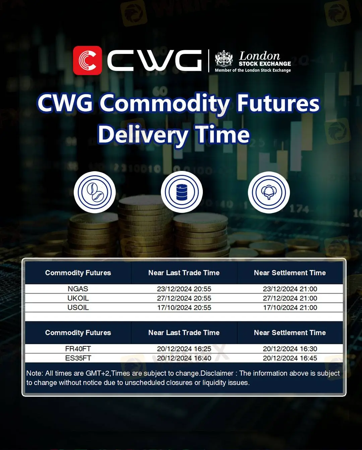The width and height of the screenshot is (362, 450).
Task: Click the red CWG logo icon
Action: tap(87, 60)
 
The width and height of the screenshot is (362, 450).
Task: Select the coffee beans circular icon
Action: tap(95, 192)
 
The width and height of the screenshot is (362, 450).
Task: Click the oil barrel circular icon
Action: tap(182, 192)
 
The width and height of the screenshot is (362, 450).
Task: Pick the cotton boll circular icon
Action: tap(269, 192)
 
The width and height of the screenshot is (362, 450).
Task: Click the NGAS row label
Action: tap(78, 289)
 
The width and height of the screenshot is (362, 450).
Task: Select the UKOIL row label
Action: tap(78, 298)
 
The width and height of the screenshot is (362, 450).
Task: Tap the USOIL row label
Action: tap(78, 308)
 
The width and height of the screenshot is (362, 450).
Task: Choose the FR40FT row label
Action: tap(78, 349)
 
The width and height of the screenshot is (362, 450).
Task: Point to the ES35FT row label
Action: tap(78, 358)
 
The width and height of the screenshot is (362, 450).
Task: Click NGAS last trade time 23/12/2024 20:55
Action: tap(184, 289)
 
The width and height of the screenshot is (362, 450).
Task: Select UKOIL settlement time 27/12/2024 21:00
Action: tap(290, 298)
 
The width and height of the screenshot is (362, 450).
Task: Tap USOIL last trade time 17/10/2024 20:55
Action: tap(184, 308)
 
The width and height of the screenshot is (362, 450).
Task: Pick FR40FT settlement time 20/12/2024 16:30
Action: tap(290, 349)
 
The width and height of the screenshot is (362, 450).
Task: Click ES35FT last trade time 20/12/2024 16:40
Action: tap(184, 358)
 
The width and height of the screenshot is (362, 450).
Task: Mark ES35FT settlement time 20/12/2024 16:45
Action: tap(290, 358)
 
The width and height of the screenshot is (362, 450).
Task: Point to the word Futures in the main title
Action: tap(278, 103)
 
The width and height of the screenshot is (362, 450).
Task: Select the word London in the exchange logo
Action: tap(259, 56)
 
